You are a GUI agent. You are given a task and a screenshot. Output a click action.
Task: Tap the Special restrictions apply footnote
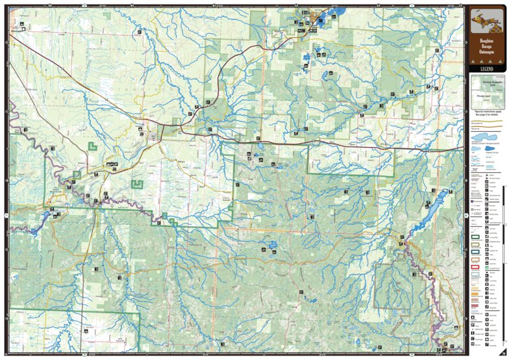(x=486, y=114)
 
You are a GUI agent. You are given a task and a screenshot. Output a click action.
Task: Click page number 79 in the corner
(x=503, y=354)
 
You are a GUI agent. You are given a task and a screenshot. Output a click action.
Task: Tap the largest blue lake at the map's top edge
(x=338, y=12)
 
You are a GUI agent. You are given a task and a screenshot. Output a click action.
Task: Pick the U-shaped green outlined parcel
(x=137, y=185)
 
